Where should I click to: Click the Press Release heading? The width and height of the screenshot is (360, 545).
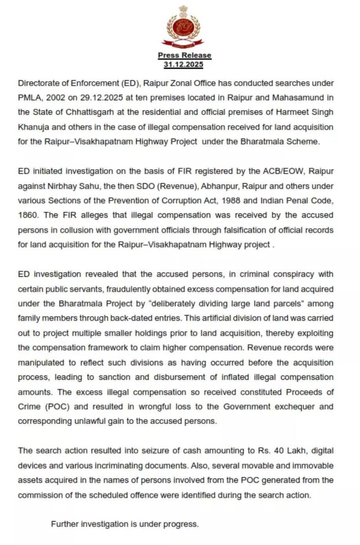coord(185,55)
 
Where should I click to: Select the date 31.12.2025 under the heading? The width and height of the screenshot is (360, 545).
coord(183,65)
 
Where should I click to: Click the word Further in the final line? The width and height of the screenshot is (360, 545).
coord(64,524)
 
